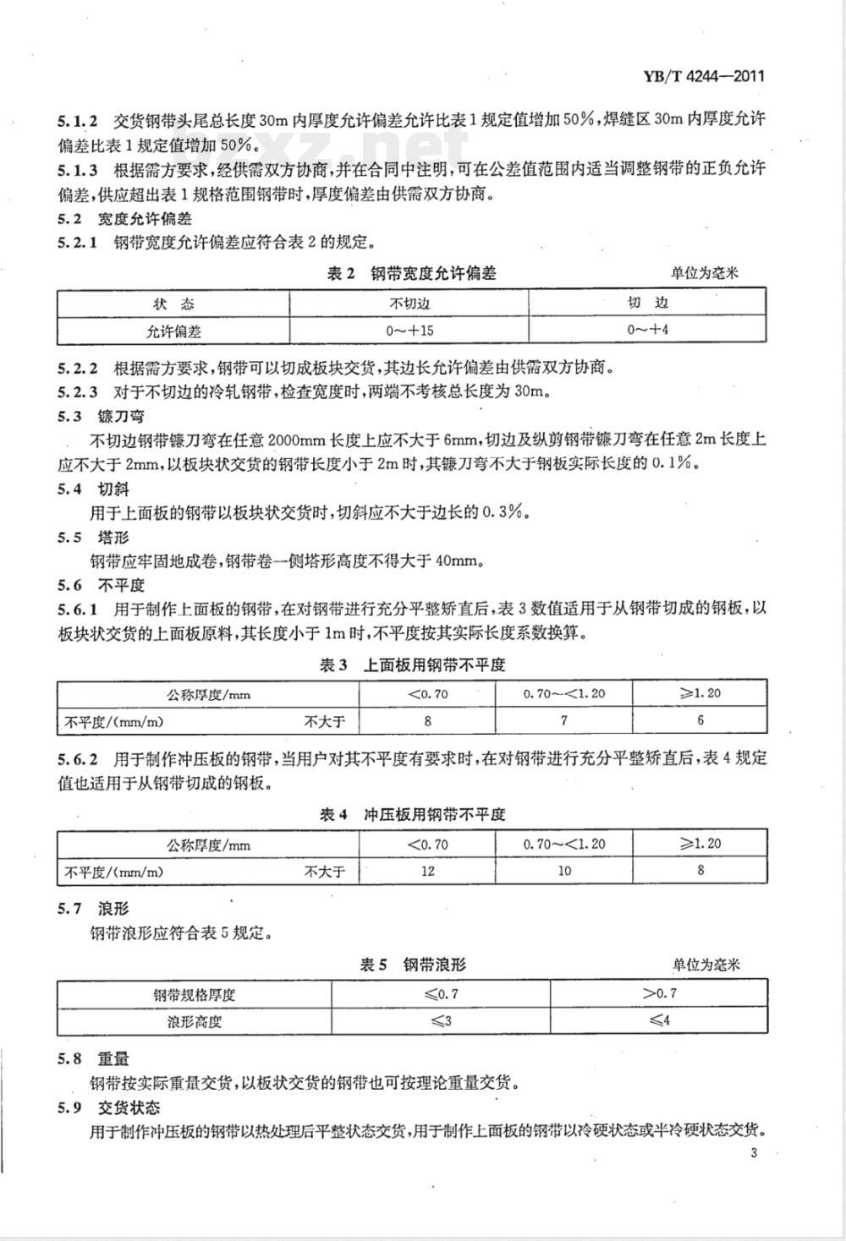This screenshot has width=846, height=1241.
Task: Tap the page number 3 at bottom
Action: click(x=753, y=1154)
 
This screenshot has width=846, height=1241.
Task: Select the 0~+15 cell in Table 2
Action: click(x=409, y=330)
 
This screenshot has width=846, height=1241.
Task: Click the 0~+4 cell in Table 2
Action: click(x=648, y=330)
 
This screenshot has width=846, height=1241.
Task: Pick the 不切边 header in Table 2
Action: click(x=409, y=303)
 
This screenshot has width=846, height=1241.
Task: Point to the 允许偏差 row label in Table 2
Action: click(x=173, y=331)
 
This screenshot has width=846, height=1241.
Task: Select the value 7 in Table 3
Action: click(x=564, y=720)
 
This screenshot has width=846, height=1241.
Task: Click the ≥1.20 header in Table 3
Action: click(x=700, y=693)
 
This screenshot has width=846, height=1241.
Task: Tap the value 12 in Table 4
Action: click(x=427, y=871)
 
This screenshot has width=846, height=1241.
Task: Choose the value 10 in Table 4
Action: click(x=564, y=871)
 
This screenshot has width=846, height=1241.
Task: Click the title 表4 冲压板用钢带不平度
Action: click(x=412, y=815)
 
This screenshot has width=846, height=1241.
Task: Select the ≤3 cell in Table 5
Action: click(x=441, y=1020)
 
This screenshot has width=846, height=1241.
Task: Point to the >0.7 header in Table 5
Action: click(x=660, y=993)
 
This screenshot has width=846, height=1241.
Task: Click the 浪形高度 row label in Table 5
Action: click(x=195, y=1021)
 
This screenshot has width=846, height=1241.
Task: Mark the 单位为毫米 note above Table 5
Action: click(x=706, y=965)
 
